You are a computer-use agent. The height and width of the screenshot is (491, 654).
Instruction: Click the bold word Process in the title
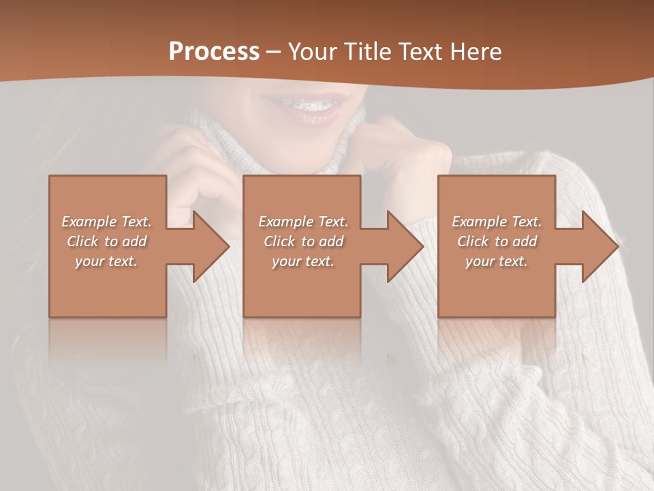(214, 51)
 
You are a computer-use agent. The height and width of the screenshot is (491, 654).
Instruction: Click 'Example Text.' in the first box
(106, 222)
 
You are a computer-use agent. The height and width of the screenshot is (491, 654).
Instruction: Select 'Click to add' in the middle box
(303, 241)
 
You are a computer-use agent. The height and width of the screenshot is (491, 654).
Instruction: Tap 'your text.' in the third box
(496, 261)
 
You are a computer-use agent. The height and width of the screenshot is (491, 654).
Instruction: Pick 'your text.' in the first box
(106, 261)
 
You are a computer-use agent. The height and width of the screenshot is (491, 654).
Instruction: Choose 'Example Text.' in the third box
(496, 222)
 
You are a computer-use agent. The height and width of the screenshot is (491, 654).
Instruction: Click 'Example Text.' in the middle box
(303, 222)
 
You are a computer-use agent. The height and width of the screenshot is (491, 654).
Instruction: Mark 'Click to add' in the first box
(106, 241)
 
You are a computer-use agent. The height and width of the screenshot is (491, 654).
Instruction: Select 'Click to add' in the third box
(496, 241)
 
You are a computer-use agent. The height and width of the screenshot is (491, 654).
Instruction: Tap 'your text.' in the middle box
(303, 261)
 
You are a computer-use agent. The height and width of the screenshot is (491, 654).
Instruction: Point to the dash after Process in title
(273, 53)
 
